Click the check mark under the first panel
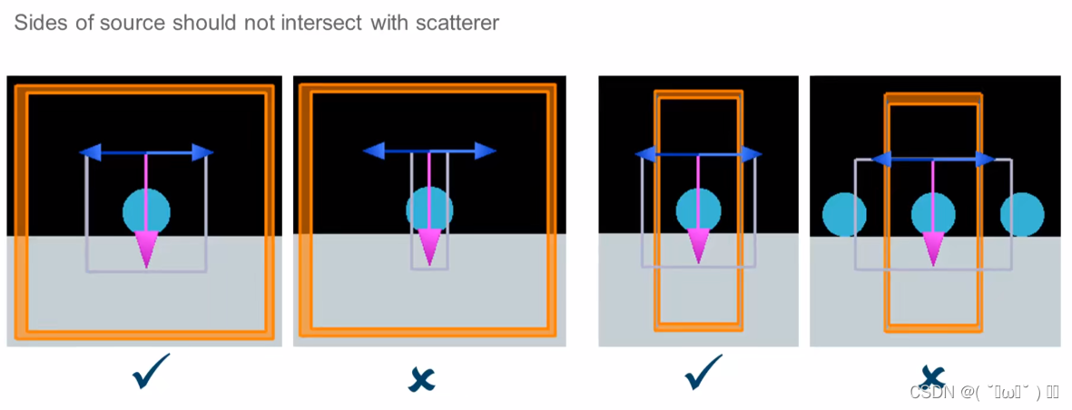pyautogui.click(x=150, y=373)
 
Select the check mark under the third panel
pyautogui.click(x=703, y=372)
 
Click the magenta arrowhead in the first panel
pyautogui.click(x=146, y=248)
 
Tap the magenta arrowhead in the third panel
pyautogui.click(x=699, y=244)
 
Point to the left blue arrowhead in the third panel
pyautogui.click(x=645, y=154)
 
